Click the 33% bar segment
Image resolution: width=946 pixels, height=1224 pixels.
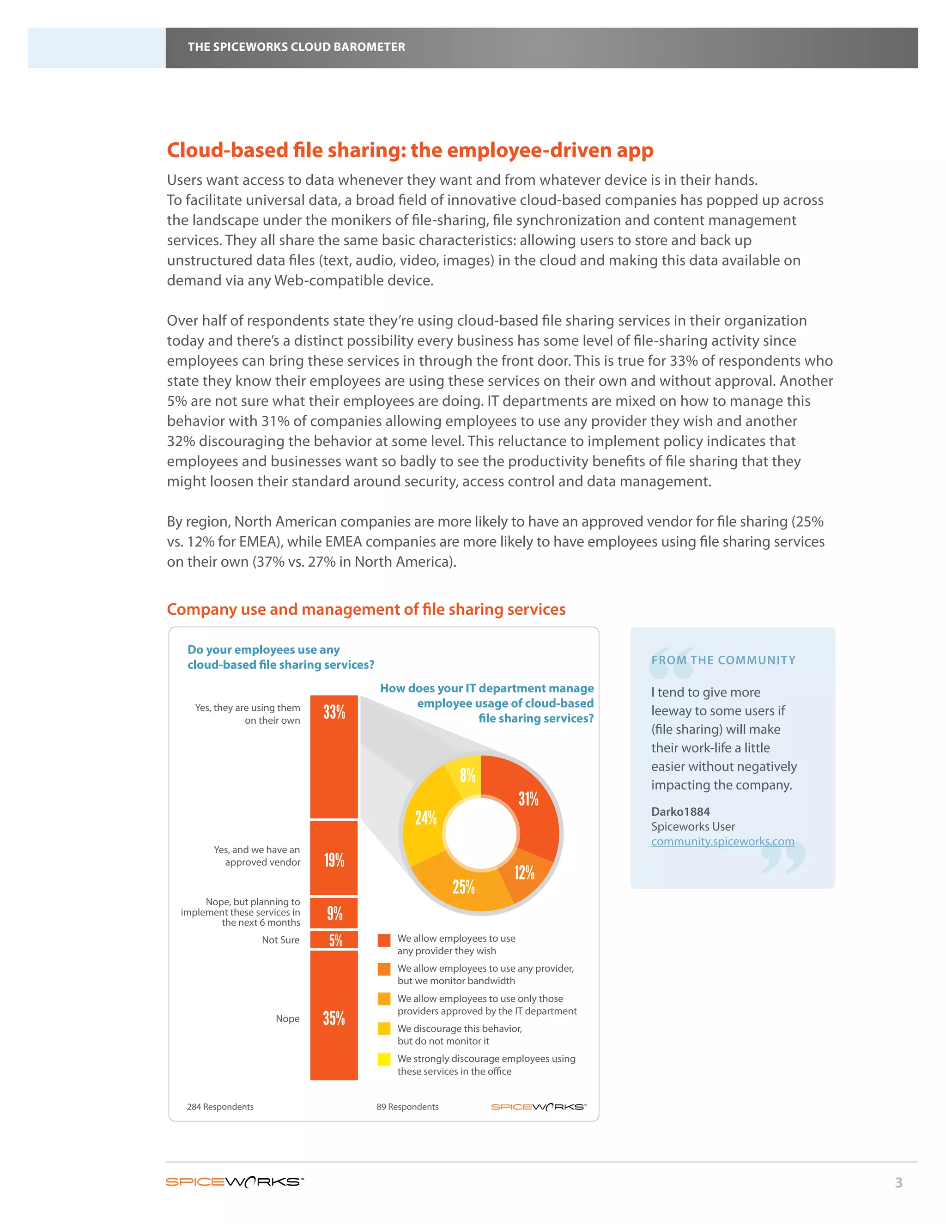point(334,757)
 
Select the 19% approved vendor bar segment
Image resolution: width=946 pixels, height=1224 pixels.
point(334,858)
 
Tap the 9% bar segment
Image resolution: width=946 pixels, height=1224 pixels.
point(334,913)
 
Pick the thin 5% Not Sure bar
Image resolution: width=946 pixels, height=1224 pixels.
point(334,940)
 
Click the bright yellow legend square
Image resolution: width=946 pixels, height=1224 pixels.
point(384,1059)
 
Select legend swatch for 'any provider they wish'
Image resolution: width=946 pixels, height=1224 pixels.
point(384,940)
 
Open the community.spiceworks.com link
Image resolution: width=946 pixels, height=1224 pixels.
point(722,841)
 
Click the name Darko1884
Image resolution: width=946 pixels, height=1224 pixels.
point(680,812)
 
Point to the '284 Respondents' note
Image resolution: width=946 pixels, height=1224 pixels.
point(220,1107)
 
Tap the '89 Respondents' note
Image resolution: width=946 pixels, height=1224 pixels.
point(407,1107)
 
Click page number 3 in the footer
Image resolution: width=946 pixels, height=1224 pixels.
point(898,1182)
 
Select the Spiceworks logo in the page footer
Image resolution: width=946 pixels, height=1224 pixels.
point(234,1182)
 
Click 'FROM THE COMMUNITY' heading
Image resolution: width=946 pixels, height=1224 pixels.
point(723,660)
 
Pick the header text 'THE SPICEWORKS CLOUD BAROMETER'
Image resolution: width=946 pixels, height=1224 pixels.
point(296,47)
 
